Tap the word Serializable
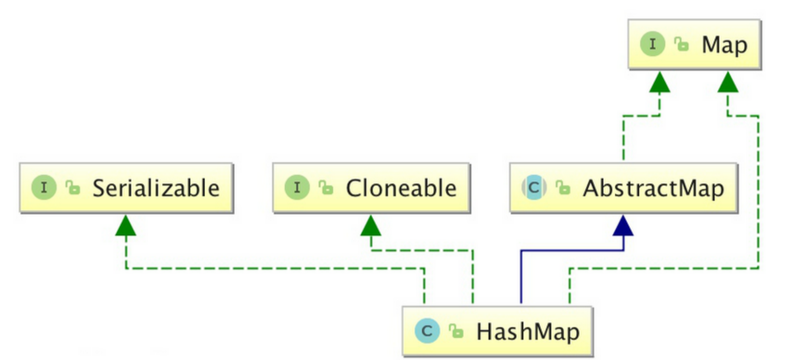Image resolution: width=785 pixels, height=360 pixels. click(156, 188)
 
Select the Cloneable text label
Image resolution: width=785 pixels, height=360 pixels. click(401, 188)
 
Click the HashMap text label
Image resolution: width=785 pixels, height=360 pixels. click(528, 331)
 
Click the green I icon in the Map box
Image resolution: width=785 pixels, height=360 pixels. click(653, 44)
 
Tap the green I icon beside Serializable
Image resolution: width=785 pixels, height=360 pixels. click(44, 188)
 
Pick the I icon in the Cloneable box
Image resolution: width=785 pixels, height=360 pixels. click(297, 188)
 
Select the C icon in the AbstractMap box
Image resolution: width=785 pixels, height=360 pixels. click(534, 188)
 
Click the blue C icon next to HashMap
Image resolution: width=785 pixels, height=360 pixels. click(427, 331)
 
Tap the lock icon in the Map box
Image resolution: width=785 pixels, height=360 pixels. click(682, 44)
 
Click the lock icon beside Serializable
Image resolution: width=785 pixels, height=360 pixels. click(73, 187)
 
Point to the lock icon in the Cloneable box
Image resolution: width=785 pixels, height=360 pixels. click(326, 187)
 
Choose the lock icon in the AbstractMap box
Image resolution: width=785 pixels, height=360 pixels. click(563, 187)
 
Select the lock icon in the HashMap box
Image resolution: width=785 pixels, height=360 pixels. click(456, 331)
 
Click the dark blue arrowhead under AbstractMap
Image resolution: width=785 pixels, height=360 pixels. click(623, 226)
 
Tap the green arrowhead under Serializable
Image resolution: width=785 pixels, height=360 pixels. click(126, 226)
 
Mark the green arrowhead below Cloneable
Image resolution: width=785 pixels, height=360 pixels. click(371, 226)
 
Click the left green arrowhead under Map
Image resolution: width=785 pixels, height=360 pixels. click(659, 83)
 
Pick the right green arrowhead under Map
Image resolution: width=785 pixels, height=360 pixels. click(728, 83)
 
